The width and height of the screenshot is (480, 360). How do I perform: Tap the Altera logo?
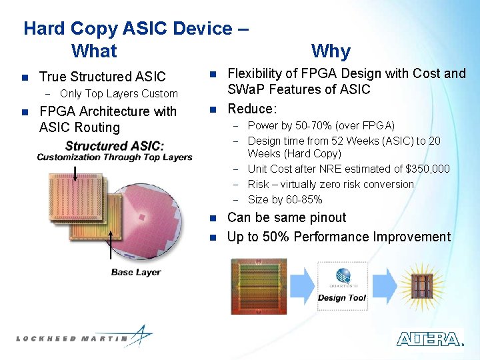[x=429, y=339]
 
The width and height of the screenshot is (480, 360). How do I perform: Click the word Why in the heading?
[x=331, y=51]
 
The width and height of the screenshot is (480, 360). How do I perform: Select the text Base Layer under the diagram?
[x=135, y=272]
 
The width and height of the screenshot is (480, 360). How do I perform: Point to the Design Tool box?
[x=342, y=286]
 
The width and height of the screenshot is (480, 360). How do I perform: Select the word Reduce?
[x=251, y=109]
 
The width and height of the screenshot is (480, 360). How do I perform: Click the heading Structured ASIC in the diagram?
[x=115, y=146]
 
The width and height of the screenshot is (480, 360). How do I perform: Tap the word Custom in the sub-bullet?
[x=161, y=94]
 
